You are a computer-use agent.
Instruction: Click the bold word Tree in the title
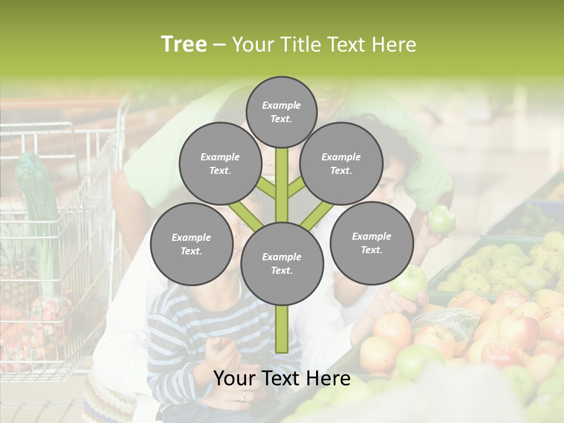(184, 45)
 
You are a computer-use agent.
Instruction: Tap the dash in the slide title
(219, 45)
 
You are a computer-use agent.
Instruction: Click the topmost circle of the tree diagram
(281, 112)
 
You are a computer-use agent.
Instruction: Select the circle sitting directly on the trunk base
(282, 264)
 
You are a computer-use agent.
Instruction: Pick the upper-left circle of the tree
(220, 163)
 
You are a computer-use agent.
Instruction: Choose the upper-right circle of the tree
(341, 163)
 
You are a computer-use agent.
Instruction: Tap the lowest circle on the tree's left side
(192, 244)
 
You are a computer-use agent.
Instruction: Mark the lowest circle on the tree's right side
(371, 243)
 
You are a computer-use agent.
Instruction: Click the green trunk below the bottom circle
(282, 329)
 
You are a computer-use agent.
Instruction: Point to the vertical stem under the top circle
(282, 182)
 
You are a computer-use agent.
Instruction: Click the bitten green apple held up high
(441, 219)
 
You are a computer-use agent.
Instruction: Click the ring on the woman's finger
(242, 397)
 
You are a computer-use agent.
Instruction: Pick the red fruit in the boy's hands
(224, 344)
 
